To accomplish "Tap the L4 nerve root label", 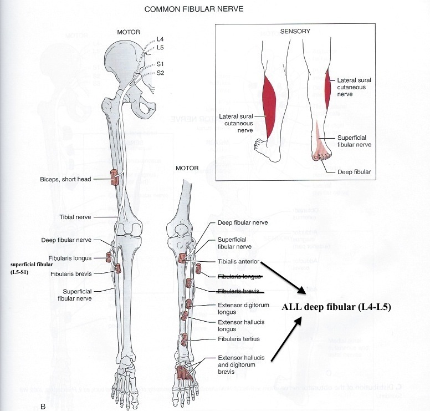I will coord(160,39).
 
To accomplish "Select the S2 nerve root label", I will coord(160,73).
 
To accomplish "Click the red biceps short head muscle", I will coord(115,177).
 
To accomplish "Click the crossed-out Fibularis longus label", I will coord(239,276).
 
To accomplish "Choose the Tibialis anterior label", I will coord(239,261).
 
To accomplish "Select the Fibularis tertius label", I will coord(238,339).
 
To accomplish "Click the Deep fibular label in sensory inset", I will coord(354,172).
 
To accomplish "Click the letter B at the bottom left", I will coord(43,407).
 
